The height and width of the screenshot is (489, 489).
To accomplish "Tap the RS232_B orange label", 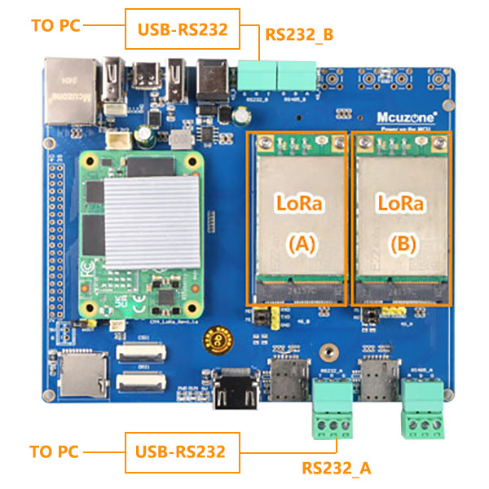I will click(x=299, y=34).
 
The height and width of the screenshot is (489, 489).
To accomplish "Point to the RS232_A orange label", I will click(x=337, y=468).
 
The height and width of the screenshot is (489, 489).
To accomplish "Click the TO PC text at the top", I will click(x=55, y=24).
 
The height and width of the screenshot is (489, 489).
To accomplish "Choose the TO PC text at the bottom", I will click(x=55, y=451).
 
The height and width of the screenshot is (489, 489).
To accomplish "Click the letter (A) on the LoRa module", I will click(x=297, y=241).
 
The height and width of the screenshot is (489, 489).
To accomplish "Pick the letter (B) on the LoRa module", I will click(x=401, y=241).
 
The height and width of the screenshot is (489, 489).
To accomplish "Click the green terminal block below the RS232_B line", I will click(x=258, y=77).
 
